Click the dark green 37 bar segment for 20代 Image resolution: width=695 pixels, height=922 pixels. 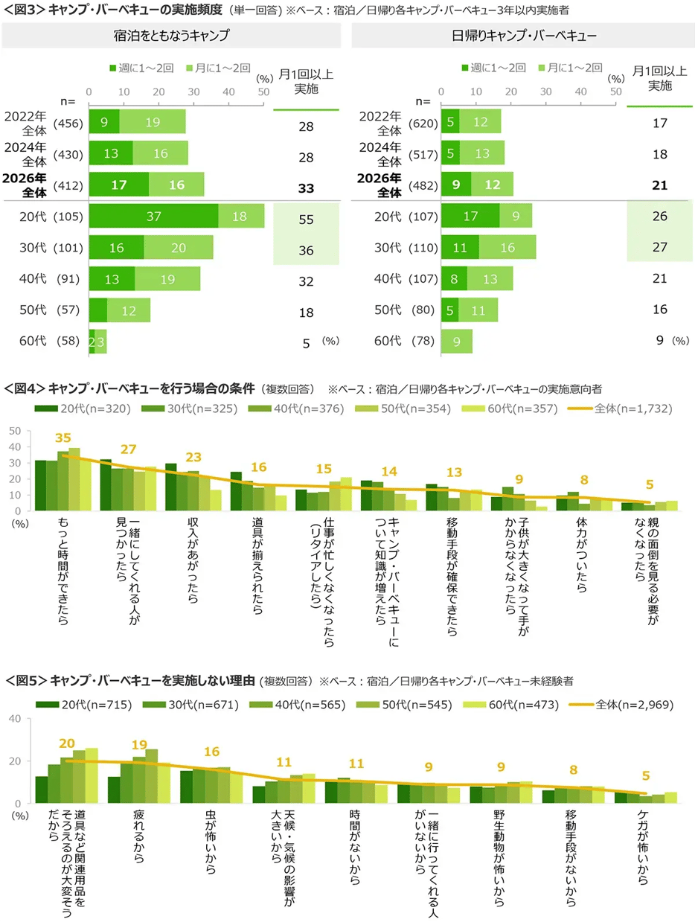[153, 215]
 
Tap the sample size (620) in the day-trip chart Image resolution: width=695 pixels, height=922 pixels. [421, 122]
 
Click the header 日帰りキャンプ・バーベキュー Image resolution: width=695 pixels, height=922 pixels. [521, 35]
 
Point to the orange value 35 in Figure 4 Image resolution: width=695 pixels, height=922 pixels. [63, 438]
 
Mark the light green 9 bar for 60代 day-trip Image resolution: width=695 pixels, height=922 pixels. [456, 341]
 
